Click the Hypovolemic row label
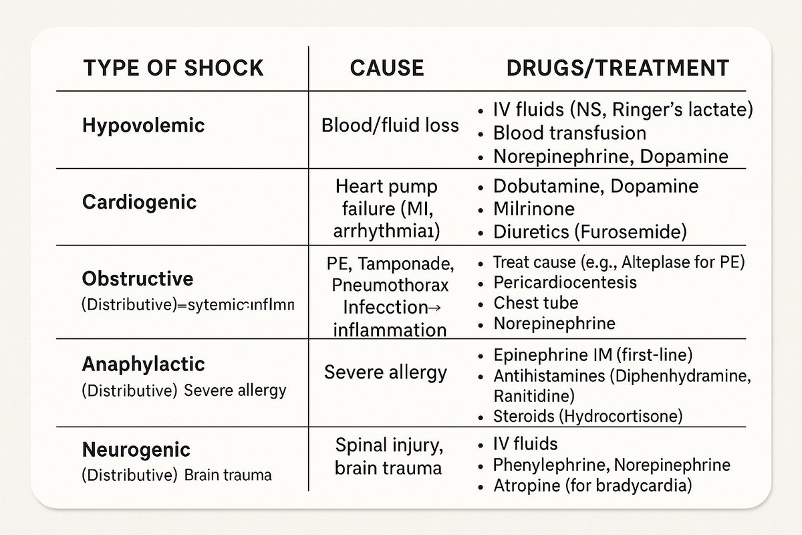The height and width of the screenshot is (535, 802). pos(144,125)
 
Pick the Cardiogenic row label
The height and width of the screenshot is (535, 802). pos(139,201)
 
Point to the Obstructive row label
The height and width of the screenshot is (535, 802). pos(138,278)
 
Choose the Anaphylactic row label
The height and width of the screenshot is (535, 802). pos(144,364)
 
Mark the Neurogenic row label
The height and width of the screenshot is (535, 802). pos(136,449)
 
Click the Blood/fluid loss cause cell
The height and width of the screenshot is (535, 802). pos(390,125)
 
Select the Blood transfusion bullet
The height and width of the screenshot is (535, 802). pos(569,133)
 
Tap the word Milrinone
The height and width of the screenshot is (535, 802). pos(533,209)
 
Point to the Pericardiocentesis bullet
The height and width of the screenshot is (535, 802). pos(565,282)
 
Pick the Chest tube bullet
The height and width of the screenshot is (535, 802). pos(535,302)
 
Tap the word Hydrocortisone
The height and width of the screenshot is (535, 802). pos(628,416)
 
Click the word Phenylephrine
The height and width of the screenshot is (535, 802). pos(549,464)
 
